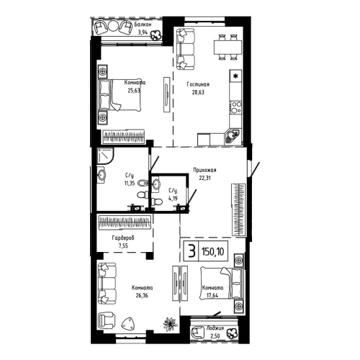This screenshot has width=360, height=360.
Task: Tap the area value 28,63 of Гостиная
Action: tap(198, 92)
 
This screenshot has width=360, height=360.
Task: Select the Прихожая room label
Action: tap(204, 170)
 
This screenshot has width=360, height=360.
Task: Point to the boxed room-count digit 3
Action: tap(191, 251)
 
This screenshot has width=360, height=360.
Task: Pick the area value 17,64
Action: tap(212, 294)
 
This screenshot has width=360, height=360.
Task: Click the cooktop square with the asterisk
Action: tap(235, 75)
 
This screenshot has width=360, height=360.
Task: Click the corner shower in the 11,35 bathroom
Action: tap(107, 156)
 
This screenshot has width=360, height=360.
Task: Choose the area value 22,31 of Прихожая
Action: tap(204, 179)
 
